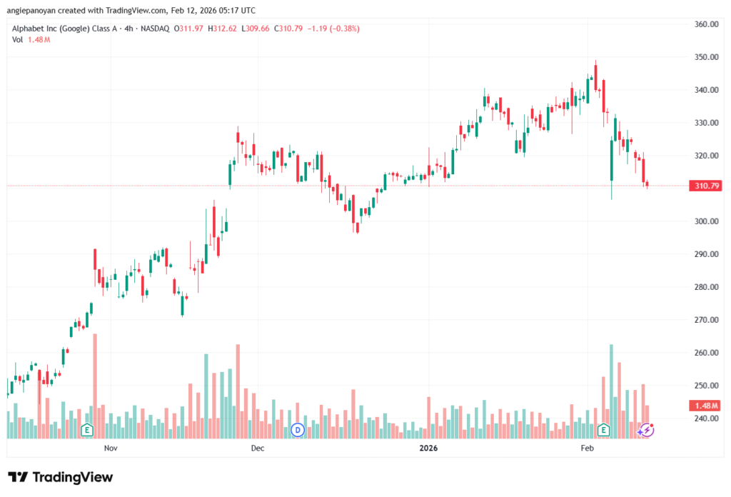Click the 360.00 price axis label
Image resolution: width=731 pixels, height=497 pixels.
click(705, 24)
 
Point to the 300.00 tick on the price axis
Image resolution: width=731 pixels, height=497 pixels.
click(705, 221)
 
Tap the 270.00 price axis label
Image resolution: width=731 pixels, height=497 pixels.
click(705, 320)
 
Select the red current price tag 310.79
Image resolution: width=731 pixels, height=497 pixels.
click(705, 186)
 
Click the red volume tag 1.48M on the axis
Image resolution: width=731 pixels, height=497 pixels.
click(705, 406)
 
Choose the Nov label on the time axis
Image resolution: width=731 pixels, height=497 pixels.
click(110, 448)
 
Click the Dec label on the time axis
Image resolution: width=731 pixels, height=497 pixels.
click(258, 448)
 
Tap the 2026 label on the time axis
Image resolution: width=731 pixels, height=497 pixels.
click(428, 448)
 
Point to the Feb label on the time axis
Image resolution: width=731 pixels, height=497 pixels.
click(588, 448)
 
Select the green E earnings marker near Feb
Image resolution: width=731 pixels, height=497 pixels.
click(604, 430)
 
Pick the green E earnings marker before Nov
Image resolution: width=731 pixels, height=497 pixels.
click(87, 430)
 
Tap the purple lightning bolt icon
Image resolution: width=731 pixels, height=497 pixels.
click(647, 430)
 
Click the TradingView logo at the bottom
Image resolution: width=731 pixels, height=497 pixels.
click(61, 477)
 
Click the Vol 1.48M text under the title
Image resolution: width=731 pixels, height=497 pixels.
click(31, 39)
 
